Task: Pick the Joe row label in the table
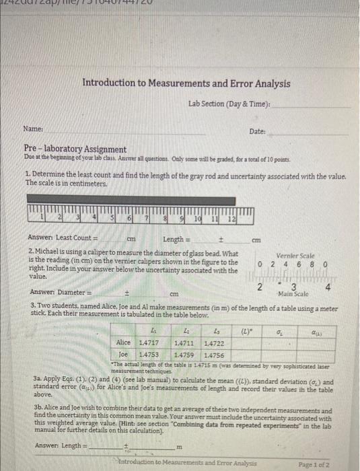pos(123,353)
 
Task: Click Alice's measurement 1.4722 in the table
pos(214,343)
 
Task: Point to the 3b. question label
pos(39,410)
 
